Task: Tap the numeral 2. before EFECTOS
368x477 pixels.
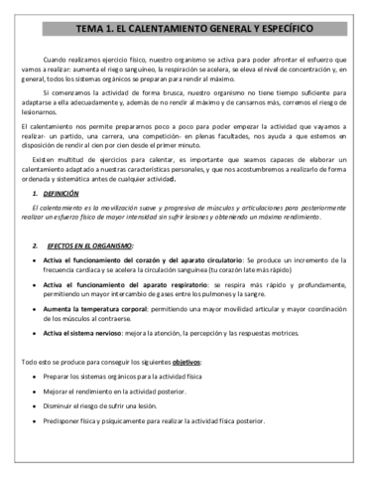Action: click(x=35, y=245)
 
